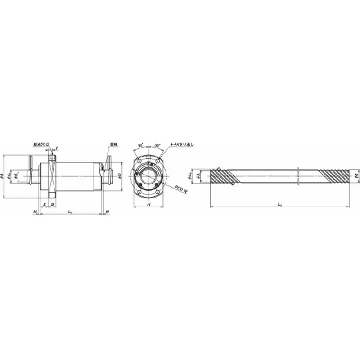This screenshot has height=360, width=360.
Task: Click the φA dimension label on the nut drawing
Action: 4,176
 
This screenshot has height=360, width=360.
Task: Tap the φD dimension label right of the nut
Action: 119,175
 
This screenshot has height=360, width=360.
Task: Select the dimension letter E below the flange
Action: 44,204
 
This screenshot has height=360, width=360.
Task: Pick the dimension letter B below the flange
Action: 53,204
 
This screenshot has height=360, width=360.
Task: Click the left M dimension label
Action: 34,211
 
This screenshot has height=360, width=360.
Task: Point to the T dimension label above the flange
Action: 56,147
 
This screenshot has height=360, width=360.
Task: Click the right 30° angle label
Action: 157,145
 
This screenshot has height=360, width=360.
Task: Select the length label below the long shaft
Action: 280,205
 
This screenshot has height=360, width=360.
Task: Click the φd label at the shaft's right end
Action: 356,175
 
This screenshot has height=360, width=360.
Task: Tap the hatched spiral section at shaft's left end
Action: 223,176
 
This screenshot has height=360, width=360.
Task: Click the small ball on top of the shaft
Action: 218,169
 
